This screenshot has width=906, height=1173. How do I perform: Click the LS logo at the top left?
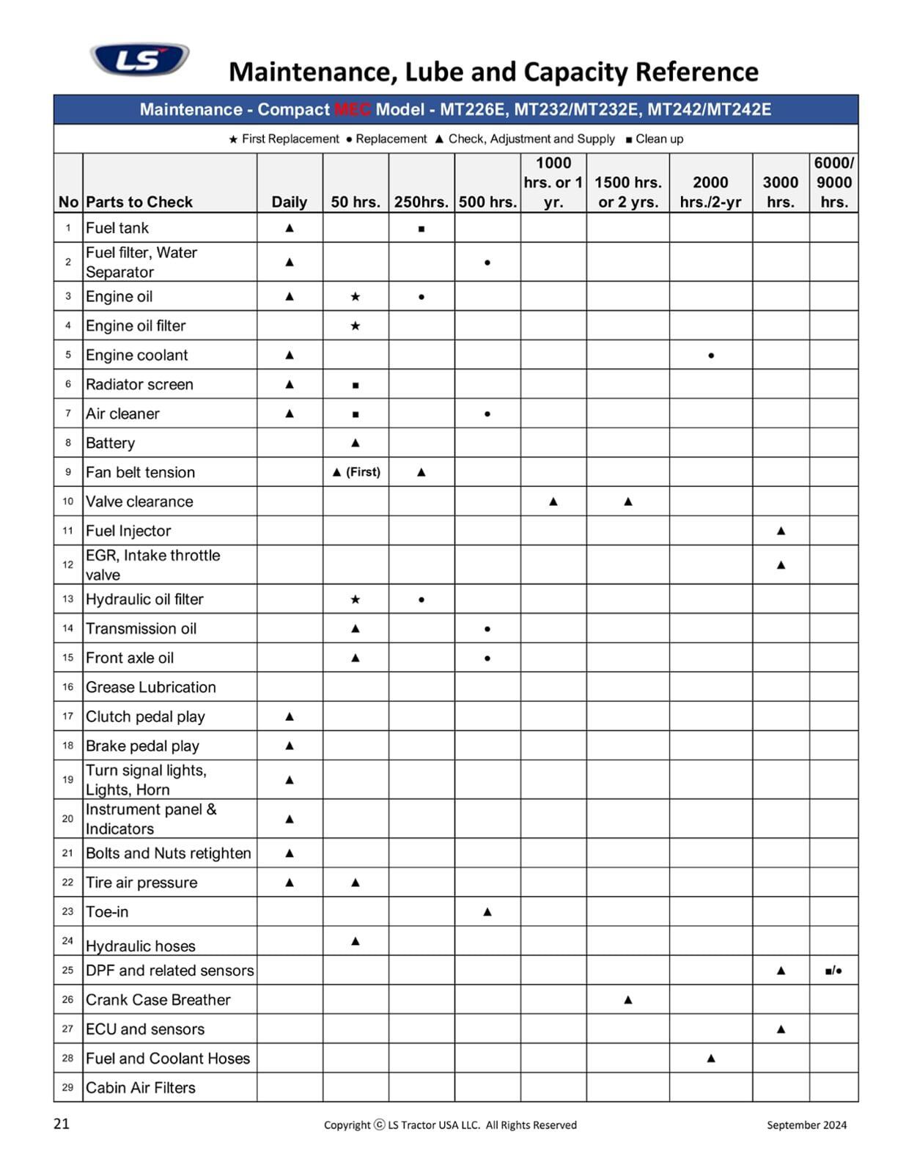(139, 59)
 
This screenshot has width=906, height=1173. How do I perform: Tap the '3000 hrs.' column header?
(780, 192)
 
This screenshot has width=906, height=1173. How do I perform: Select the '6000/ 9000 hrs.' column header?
(833, 183)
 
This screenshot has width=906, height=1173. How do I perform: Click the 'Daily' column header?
(289, 202)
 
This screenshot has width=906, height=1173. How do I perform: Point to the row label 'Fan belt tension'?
(140, 472)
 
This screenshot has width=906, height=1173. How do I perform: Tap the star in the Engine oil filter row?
(356, 326)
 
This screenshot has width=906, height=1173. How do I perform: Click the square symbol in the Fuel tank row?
(421, 229)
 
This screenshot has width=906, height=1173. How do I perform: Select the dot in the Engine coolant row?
(711, 356)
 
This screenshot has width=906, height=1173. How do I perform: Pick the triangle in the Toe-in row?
(487, 912)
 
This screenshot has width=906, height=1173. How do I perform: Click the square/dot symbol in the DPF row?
(833, 971)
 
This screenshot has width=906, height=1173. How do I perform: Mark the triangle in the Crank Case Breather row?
(627, 1000)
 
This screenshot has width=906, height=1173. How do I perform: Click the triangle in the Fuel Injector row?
(781, 531)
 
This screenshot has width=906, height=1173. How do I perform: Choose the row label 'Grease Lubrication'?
(151, 687)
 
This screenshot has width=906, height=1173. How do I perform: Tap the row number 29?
(68, 1087)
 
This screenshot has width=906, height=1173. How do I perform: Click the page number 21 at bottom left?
(62, 1124)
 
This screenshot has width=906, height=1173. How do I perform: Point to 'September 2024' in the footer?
(806, 1125)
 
